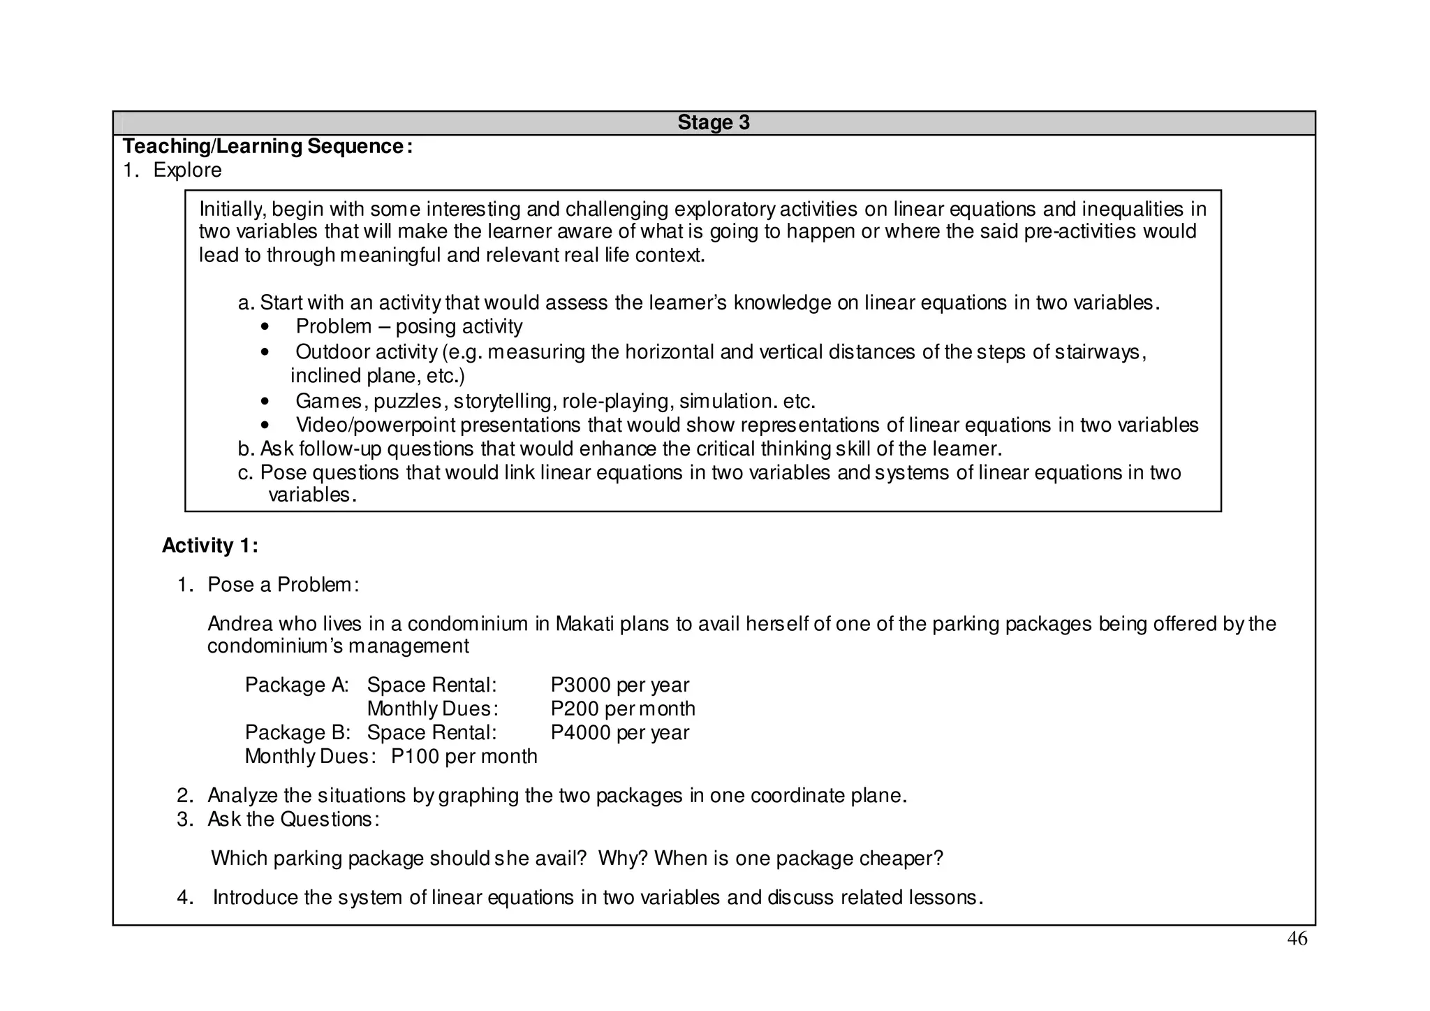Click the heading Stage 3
[x=713, y=122]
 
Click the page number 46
[x=1297, y=940]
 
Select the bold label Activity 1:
[x=209, y=546]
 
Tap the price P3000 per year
[x=619, y=685]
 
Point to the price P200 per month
[x=622, y=708]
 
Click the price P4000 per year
[x=619, y=732]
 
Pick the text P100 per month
[x=464, y=756]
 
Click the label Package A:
[x=297, y=685]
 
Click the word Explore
[x=187, y=170]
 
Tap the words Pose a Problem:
[x=283, y=584]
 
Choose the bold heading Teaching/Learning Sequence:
[x=267, y=146]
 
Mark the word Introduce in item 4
[x=255, y=897]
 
